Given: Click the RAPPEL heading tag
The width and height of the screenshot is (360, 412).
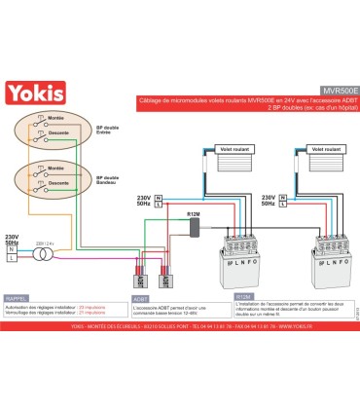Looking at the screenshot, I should tap(18, 300).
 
